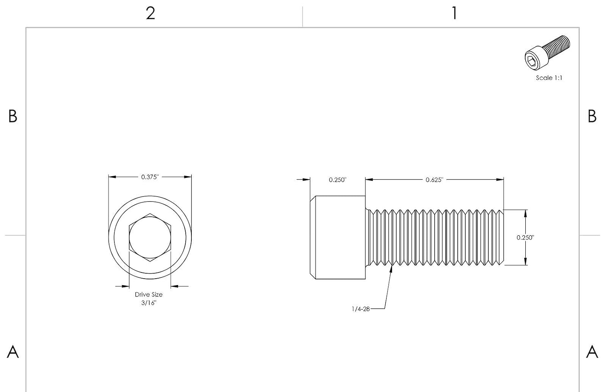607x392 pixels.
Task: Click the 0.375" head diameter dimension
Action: pos(150,177)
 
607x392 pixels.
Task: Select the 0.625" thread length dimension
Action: pos(434,180)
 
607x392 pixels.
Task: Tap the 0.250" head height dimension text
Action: pos(337,180)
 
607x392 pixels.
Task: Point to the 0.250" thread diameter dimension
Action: pos(525,237)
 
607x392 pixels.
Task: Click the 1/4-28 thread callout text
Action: pos(361,309)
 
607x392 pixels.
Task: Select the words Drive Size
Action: pos(149,294)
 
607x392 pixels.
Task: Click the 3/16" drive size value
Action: pos(149,303)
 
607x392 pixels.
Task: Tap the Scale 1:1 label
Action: pos(549,78)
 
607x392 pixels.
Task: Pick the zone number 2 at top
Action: pos(151,13)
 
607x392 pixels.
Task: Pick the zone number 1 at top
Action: pos(454,13)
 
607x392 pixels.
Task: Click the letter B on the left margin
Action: pos(13,116)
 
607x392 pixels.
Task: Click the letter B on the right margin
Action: pos(592,116)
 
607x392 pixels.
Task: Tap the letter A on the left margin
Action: pos(13,352)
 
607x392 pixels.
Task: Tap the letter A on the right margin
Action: pos(592,352)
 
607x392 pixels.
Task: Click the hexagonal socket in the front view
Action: pos(150,237)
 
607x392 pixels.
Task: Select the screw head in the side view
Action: pos(337,237)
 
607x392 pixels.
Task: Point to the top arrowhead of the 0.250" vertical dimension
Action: pos(525,210)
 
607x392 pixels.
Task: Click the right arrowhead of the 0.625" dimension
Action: pos(503,179)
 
